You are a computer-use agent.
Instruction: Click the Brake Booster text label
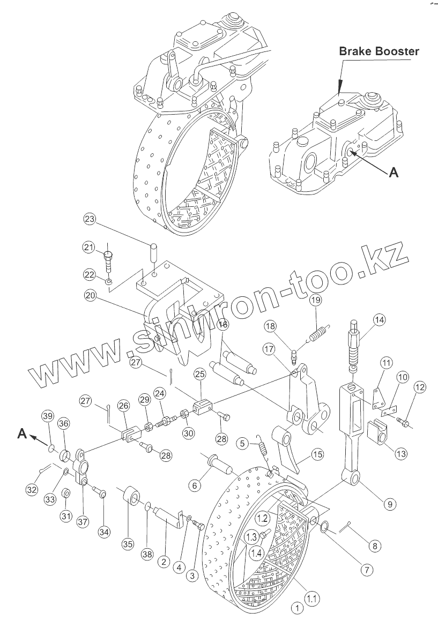point(378,51)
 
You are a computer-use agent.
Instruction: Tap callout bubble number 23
point(90,219)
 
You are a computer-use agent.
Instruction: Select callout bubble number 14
point(379,320)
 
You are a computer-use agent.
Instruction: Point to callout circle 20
point(90,295)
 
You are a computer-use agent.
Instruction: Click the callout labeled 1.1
point(311,597)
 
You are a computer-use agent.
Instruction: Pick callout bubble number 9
point(390,504)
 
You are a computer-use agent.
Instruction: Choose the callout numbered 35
point(127,544)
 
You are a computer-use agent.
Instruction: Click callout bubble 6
point(194,485)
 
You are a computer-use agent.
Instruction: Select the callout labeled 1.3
point(252,536)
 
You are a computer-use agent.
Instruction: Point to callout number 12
point(420,387)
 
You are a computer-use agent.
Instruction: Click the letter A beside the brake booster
point(393,172)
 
